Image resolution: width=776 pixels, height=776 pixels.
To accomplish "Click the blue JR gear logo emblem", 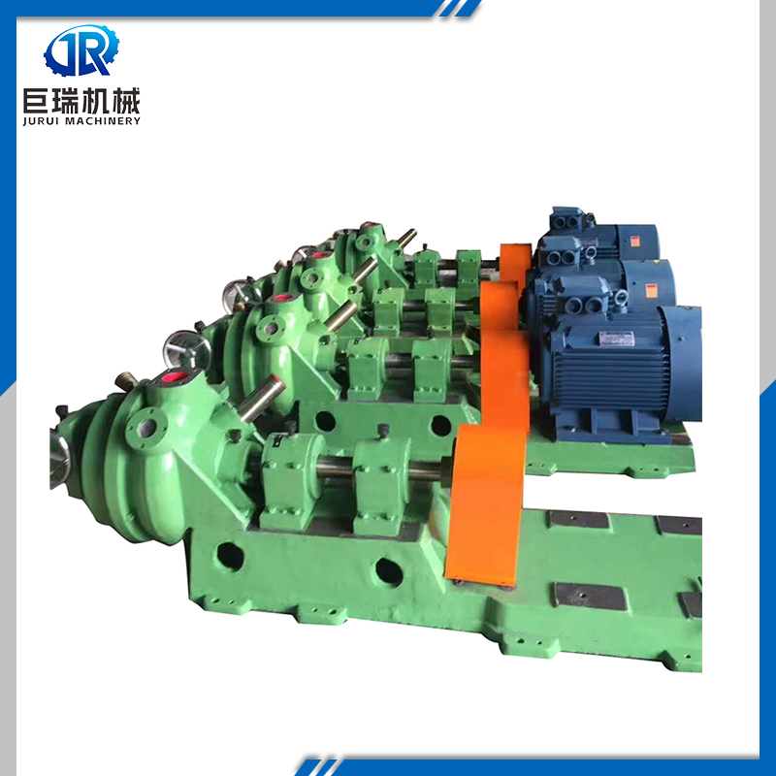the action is point(81,50).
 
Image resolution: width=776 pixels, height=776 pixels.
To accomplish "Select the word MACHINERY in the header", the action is point(104,121).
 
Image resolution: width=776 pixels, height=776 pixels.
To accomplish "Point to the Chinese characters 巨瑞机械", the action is point(81,101).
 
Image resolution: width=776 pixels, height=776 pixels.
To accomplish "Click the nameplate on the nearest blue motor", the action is point(617,338).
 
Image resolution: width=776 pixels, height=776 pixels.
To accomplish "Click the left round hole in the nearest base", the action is point(230,556).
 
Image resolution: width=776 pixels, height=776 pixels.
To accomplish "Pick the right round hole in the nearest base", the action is point(389,572).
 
